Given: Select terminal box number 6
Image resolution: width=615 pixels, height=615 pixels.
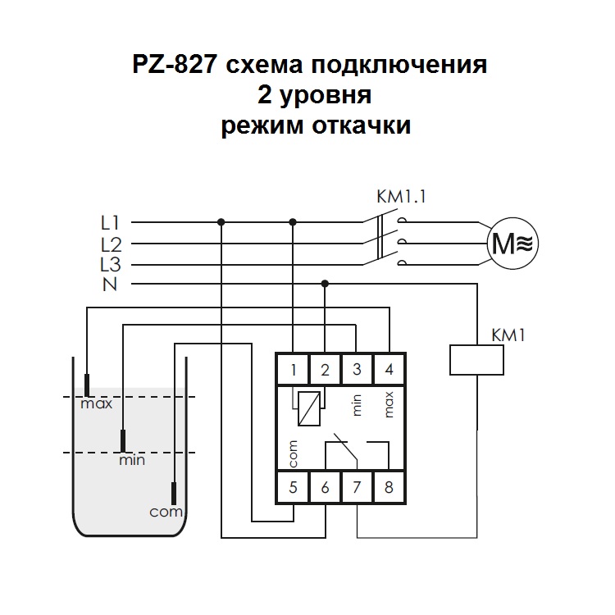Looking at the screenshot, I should tap(325, 488).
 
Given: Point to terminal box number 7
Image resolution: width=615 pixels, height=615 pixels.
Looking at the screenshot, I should tap(357, 488).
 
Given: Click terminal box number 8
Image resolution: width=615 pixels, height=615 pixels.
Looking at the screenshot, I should tap(389, 488).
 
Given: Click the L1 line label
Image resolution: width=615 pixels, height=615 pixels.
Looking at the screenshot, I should tap(111, 222).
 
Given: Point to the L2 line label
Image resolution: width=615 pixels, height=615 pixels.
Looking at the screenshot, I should tap(111, 244).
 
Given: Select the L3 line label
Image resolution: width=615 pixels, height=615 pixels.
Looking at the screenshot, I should tap(111, 264).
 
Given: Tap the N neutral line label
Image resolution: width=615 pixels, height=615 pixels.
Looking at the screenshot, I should tap(109, 285).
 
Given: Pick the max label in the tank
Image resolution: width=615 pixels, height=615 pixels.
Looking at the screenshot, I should tap(96, 404).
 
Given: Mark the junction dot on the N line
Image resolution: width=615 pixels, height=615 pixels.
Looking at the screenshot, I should tap(326, 284).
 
